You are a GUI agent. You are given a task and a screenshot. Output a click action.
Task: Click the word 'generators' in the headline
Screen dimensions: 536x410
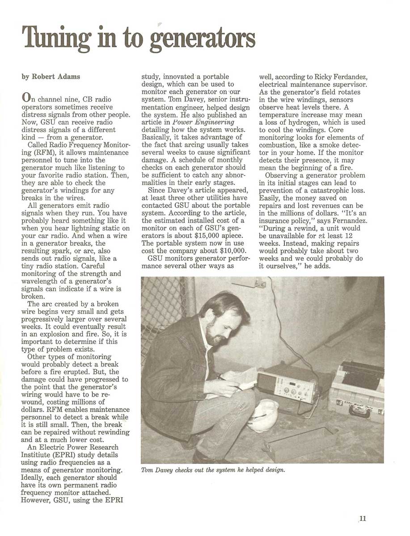204,38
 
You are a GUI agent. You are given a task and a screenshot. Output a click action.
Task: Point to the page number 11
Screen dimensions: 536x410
362,518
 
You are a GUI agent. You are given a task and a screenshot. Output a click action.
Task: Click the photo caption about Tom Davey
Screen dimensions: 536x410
213,469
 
